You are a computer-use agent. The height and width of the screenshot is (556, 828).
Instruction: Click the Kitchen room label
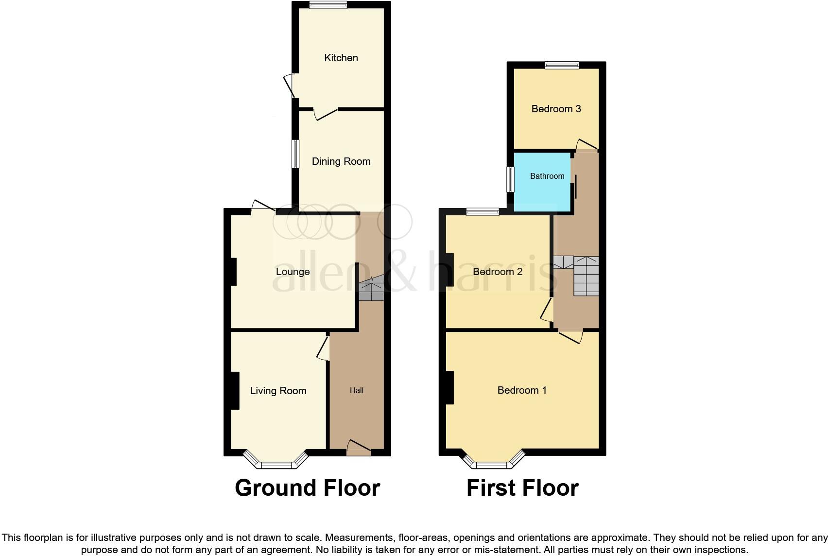[341, 58]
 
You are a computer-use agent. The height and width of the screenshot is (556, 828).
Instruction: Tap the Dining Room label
[341, 161]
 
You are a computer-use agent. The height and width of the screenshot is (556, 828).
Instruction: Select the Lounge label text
[293, 272]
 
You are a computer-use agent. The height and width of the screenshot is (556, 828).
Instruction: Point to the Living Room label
[278, 391]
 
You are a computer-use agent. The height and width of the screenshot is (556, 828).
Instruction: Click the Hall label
[357, 390]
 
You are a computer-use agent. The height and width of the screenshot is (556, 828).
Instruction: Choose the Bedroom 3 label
[556, 109]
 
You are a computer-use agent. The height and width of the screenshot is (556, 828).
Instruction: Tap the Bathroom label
[547, 176]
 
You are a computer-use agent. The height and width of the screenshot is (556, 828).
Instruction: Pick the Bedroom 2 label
[498, 272]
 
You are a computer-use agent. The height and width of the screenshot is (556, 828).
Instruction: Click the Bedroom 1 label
[522, 390]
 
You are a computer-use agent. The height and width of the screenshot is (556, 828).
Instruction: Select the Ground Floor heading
[307, 488]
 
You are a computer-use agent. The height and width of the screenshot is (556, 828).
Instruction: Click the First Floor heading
[522, 488]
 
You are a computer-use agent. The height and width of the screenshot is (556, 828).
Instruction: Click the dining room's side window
[295, 154]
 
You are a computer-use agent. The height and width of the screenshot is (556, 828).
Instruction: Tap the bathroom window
[510, 180]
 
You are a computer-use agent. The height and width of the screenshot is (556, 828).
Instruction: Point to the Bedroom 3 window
[562, 65]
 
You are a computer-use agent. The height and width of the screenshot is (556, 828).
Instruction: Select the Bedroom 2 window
[483, 211]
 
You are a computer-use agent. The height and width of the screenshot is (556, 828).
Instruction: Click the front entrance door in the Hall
[359, 449]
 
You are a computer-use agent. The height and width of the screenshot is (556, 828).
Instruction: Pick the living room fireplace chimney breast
[235, 391]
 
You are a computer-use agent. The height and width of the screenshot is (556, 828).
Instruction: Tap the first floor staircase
[586, 276]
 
